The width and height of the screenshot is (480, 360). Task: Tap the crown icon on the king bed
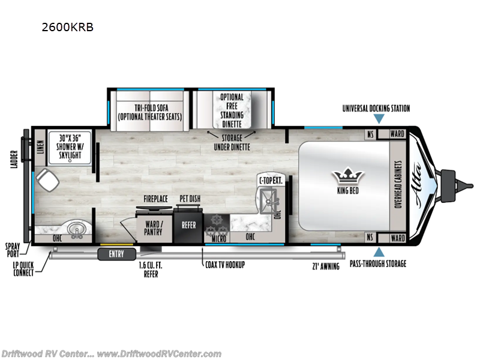click(349, 176)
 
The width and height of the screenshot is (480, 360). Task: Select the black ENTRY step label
click(116, 254)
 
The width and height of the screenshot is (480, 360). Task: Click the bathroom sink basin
click(76, 230)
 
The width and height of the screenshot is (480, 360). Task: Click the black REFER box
click(188, 225)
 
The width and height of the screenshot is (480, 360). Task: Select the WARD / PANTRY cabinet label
click(153, 227)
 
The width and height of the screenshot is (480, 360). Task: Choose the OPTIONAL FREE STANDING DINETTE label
click(232, 110)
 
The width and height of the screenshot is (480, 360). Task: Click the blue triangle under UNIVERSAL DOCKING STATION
click(376, 119)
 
